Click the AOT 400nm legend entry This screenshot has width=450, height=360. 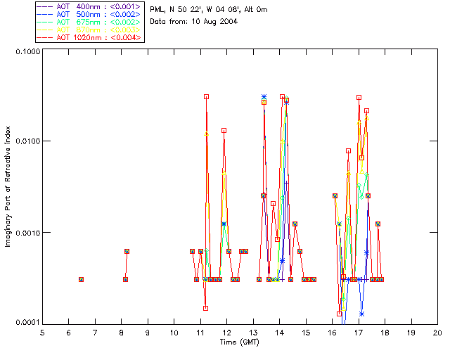pos(89,7)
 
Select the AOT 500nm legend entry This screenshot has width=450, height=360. pos(89,14)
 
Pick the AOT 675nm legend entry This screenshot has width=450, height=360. pos(89,22)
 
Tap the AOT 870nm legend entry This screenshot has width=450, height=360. pos(89,30)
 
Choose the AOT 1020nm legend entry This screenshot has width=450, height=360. pos(89,37)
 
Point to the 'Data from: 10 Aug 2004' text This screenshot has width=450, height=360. pos(194,22)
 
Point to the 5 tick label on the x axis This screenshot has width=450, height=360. pos(42,333)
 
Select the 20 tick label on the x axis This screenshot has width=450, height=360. pos(437,333)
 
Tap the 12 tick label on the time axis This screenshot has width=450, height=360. pos(226,333)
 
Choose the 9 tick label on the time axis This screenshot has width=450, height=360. pos(148,333)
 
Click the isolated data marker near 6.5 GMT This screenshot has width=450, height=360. pos(82,279)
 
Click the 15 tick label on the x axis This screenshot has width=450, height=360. pos(305,333)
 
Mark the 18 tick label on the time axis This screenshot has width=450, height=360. pos(385,333)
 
